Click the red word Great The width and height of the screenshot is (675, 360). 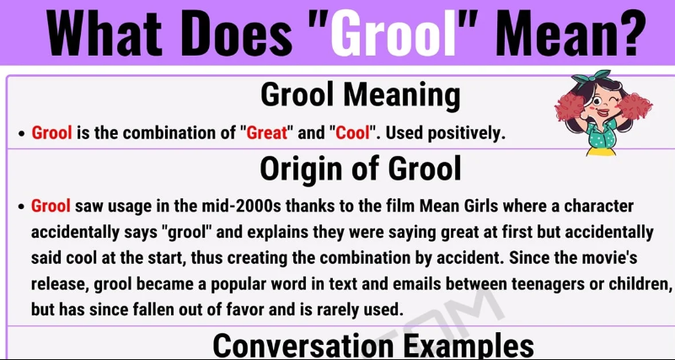(x=267, y=133)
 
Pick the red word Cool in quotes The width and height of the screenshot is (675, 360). (x=353, y=133)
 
